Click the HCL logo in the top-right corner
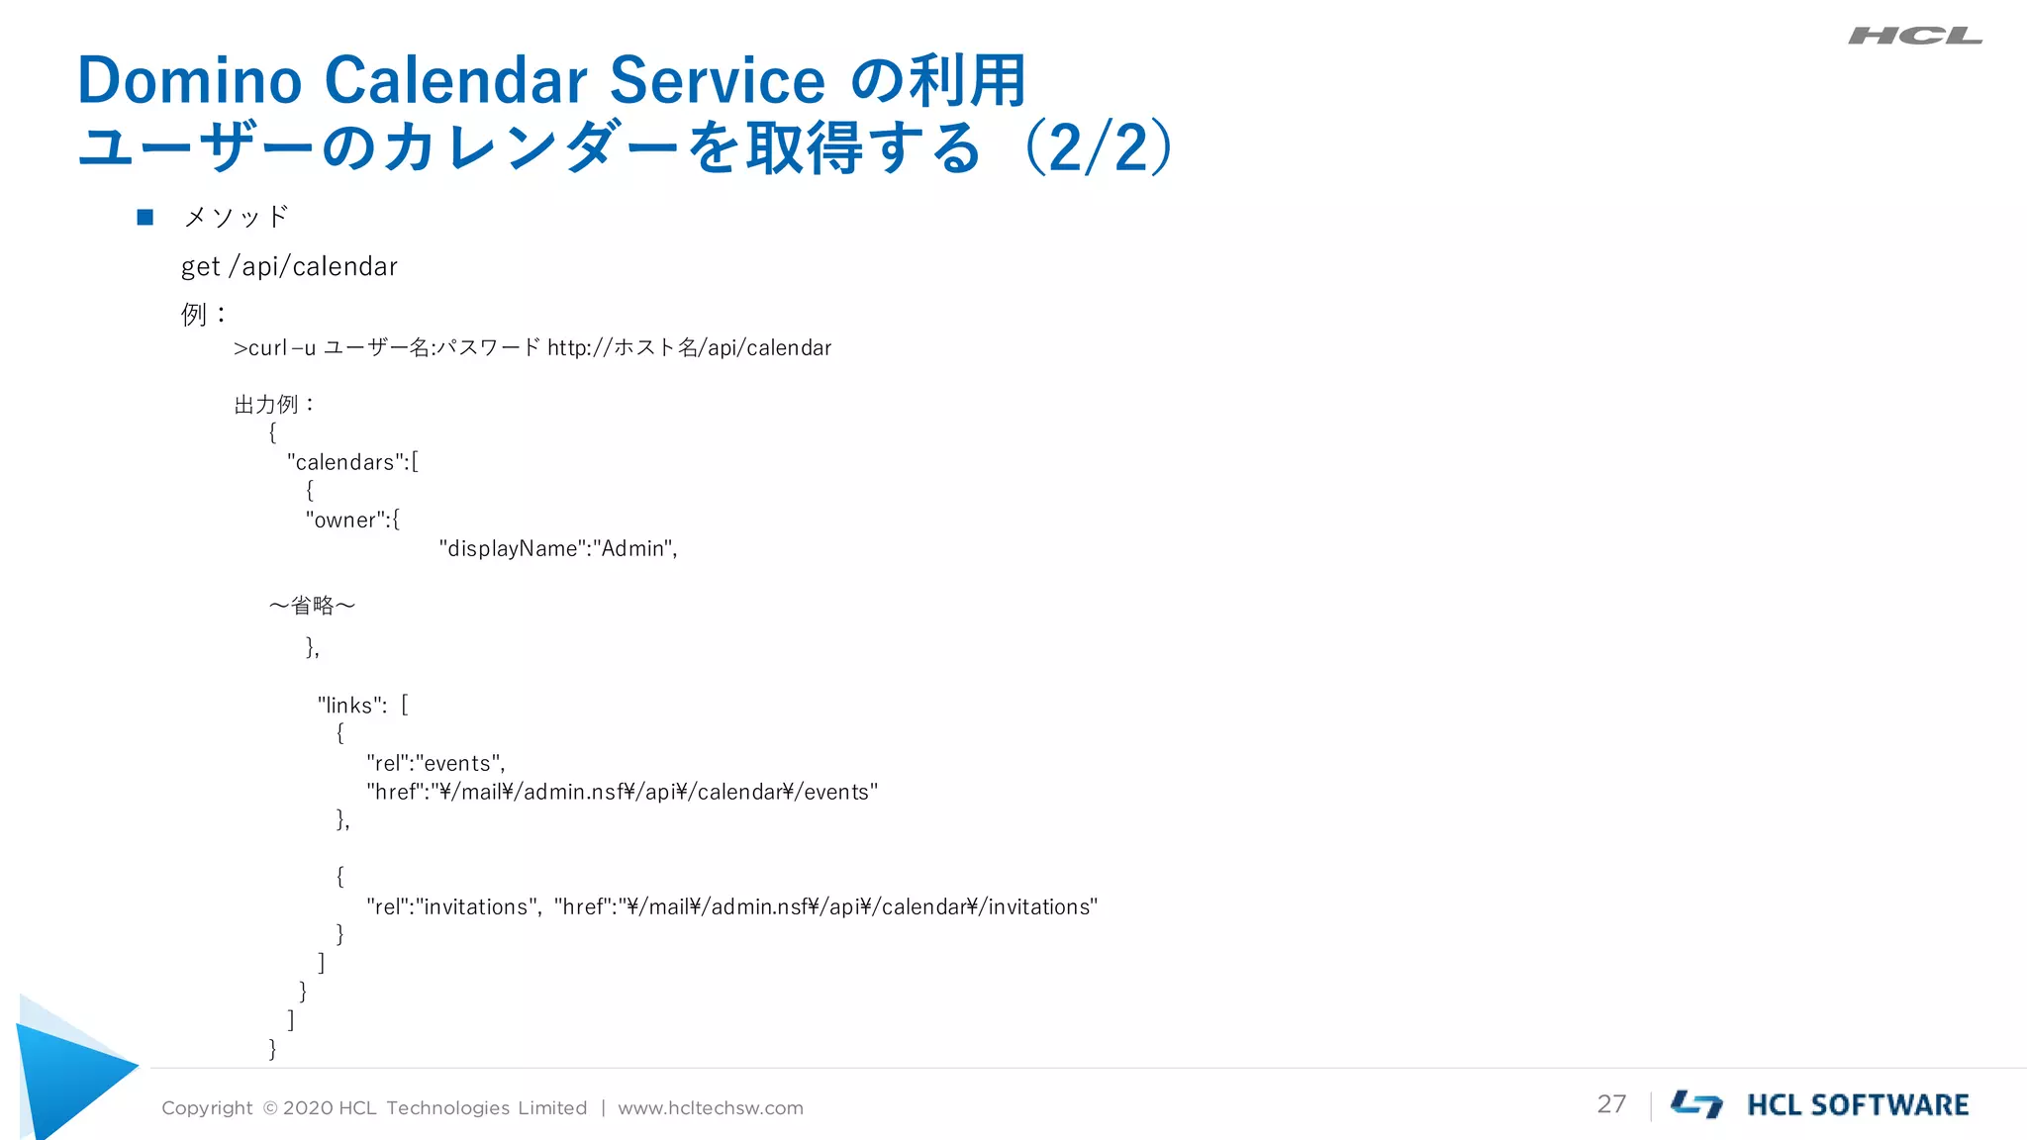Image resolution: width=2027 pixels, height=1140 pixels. coord(1914,37)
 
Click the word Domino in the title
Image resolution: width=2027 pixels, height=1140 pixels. coord(189,80)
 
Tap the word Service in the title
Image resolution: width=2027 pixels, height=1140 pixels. coord(717,80)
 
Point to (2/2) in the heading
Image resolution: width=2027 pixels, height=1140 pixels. coord(1099,148)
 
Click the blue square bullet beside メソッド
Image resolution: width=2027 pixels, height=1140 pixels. coord(145,217)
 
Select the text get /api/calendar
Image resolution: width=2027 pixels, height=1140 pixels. coord(289,267)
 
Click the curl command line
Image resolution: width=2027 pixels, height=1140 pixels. coord(532,348)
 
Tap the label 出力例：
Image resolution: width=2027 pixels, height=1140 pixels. coord(274,405)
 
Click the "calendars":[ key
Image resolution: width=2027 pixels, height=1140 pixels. coord(352,462)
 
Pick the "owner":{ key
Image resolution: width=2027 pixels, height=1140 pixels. coord(352,520)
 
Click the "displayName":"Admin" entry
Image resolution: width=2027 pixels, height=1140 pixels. coord(557,548)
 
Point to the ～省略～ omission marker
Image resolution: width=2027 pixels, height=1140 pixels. coord(312,605)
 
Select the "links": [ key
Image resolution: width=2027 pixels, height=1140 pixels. coord(362,706)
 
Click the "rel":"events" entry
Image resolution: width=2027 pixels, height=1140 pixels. coord(435,763)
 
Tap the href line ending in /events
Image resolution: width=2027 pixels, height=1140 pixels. coord(622,792)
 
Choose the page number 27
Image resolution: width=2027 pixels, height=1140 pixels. coord(1611,1104)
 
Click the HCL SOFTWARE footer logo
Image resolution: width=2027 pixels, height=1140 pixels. coord(1819,1104)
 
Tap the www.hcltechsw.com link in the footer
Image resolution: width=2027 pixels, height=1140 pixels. coord(710,1108)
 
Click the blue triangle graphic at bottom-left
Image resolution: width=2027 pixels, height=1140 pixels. coord(69,1074)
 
